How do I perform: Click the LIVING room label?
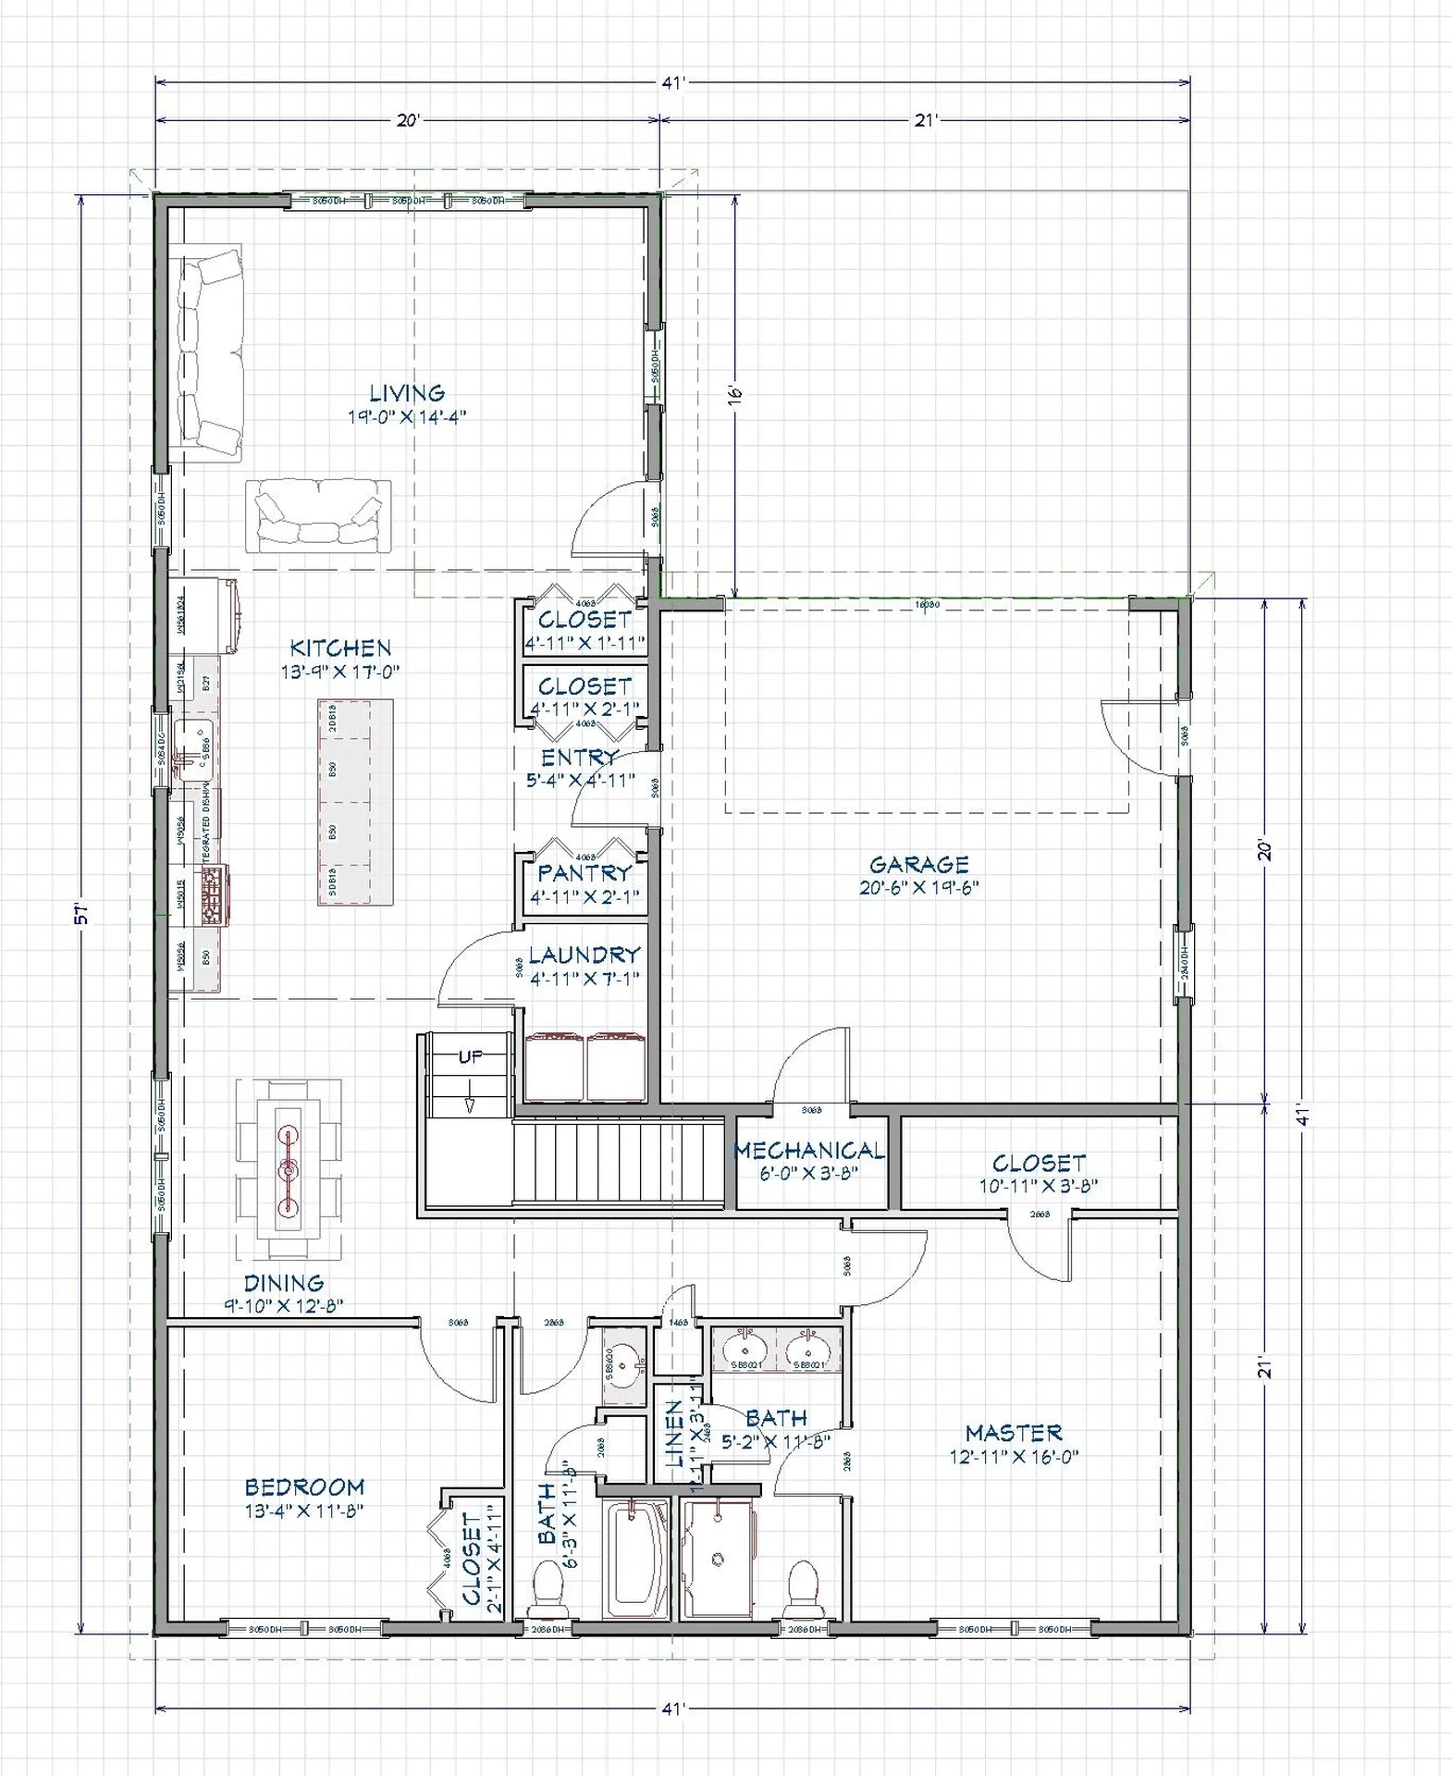407,394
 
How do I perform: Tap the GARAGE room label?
918,865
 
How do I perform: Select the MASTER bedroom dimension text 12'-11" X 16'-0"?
1014,1457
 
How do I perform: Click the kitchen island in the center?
355,802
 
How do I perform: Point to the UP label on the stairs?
470,1056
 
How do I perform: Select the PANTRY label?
584,872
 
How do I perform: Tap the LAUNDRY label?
584,955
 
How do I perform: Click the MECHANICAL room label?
809,1151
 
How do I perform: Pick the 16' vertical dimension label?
736,392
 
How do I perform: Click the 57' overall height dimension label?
81,914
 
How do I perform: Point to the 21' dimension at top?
927,120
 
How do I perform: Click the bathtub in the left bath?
634,1559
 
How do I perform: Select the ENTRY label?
579,758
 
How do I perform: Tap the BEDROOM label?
304,1487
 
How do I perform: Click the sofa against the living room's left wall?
209,352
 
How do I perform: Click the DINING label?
283,1283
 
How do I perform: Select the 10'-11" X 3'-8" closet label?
1038,1186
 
